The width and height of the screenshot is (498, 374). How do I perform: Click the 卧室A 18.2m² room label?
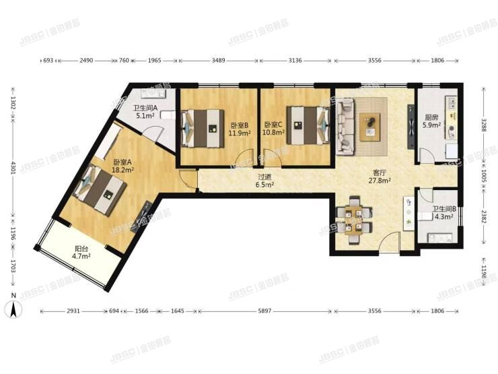click(x=122, y=166)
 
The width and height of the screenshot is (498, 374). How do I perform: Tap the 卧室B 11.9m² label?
click(x=239, y=129)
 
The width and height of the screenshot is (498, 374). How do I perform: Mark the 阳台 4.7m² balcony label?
click(x=82, y=253)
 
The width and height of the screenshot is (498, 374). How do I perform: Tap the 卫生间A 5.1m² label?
click(x=145, y=111)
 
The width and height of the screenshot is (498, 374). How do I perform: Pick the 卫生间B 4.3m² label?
click(x=444, y=213)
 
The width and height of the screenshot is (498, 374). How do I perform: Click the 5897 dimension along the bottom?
click(x=262, y=311)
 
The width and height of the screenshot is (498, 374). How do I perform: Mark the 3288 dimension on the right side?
click(x=484, y=125)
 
